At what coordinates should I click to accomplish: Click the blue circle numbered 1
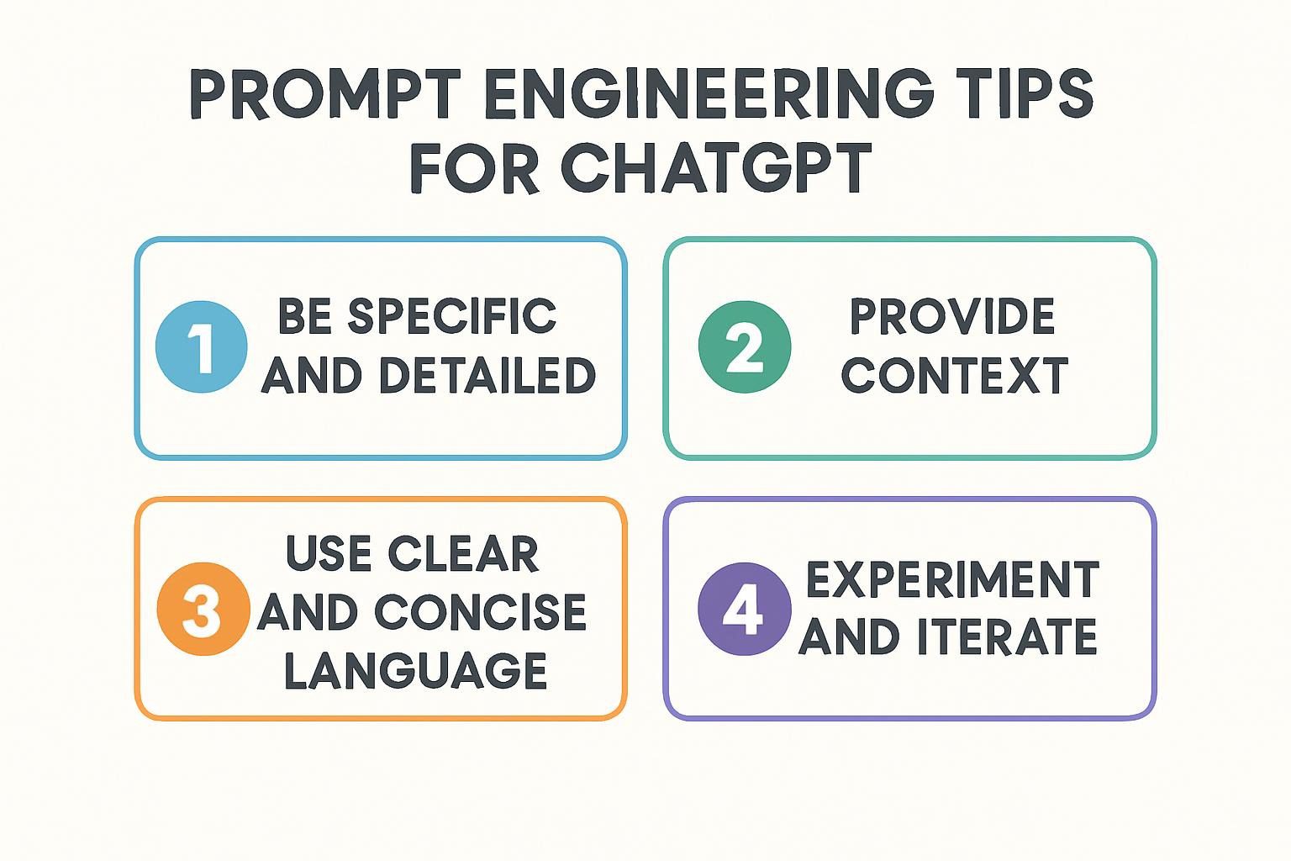pos(202,346)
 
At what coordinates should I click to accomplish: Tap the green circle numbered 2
pos(745,346)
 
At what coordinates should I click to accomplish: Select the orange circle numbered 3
pos(203,609)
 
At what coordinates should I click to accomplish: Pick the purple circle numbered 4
pos(744,609)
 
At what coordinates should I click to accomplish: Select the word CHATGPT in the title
pos(715,167)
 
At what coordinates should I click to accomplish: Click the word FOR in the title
pos(475,167)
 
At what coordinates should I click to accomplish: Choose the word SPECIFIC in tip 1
pos(452,317)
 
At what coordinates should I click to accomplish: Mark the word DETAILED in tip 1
pos(487,376)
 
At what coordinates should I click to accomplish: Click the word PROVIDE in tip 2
pos(951,317)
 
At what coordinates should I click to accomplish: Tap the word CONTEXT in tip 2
pos(954,376)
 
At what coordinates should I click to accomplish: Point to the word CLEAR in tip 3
pos(463,554)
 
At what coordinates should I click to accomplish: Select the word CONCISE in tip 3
pos(480,612)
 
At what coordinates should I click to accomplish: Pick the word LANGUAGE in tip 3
pos(415,670)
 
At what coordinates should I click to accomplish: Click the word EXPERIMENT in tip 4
pos(952,579)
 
